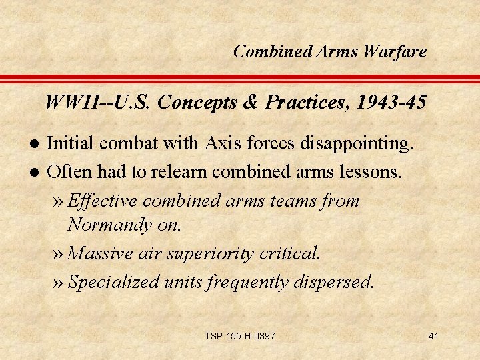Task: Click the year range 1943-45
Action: pyautogui.click(x=391, y=103)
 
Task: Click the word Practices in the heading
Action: pyautogui.click(x=308, y=103)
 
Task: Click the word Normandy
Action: pyautogui.click(x=111, y=225)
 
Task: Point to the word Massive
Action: pyautogui.click(x=101, y=253)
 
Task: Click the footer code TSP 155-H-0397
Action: pyautogui.click(x=239, y=336)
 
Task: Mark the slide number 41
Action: pyautogui.click(x=433, y=336)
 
